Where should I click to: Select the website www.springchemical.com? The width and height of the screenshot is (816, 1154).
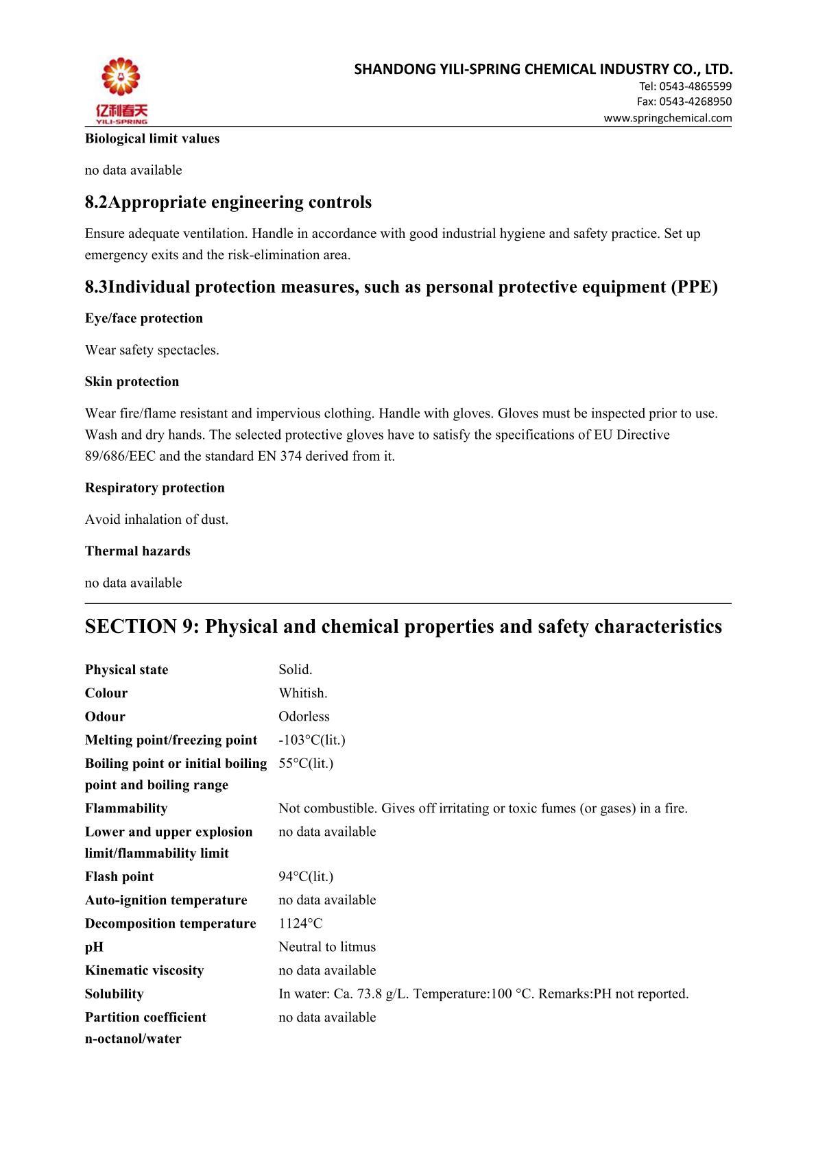point(667,118)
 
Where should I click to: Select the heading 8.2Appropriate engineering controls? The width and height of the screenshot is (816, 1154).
point(228,202)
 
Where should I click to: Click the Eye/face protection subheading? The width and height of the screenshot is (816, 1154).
point(144,318)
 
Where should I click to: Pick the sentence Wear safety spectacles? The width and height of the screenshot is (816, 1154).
point(152,350)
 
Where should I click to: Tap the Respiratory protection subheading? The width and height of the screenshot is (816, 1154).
point(155,488)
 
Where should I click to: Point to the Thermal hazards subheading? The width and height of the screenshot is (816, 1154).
point(138,551)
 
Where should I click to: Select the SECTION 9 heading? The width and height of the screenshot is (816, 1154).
point(403,627)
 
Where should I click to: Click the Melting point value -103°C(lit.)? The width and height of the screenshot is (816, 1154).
point(312,740)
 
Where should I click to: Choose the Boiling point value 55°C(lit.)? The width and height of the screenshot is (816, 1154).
point(306,763)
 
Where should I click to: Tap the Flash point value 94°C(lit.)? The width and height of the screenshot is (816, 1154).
point(306,876)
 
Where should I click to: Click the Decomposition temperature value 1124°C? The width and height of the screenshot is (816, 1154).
point(300,924)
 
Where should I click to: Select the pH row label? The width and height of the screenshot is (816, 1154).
point(95,947)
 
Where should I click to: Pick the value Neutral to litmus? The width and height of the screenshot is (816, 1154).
point(327,947)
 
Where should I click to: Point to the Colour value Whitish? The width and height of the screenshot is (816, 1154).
point(303,693)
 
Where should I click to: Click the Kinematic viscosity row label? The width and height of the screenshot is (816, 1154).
point(145,970)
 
